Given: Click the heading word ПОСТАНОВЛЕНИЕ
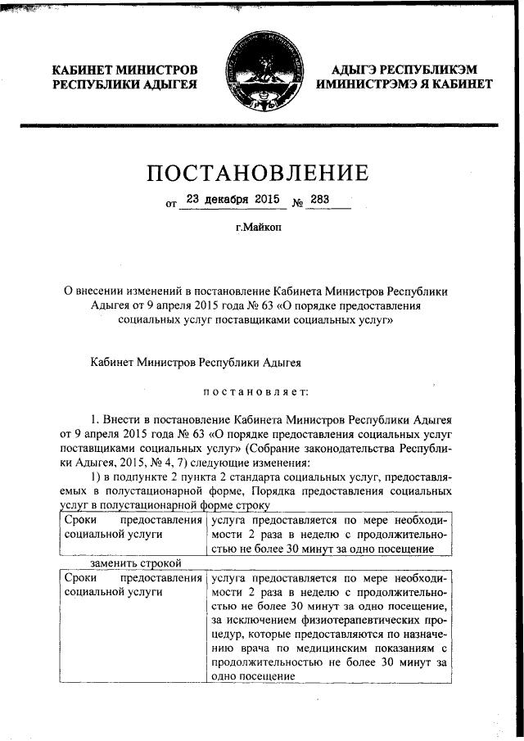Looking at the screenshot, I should tap(257, 173).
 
